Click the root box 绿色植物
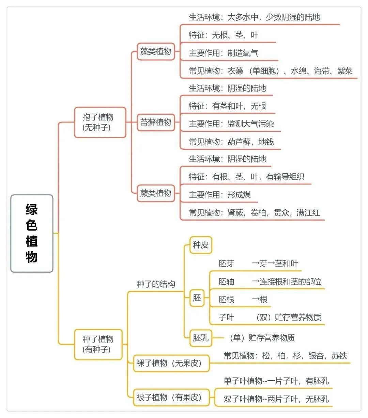coord(32,233)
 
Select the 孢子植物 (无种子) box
coord(100,122)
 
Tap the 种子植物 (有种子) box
coord(98,344)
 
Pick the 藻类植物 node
coord(156,51)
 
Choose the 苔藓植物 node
coord(156,122)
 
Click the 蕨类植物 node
coord(156,193)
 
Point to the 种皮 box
coord(201,245)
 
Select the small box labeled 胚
coord(197,298)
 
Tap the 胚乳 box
coord(201,338)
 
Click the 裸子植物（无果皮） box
coord(171,363)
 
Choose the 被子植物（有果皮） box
coord(171,397)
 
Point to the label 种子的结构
coord(156,284)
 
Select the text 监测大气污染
coord(251,124)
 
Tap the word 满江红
coord(308,213)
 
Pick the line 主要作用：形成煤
coord(220,195)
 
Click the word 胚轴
coord(226,282)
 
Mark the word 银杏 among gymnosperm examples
coord(316,356)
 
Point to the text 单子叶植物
coord(243,381)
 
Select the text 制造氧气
coord(243,53)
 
